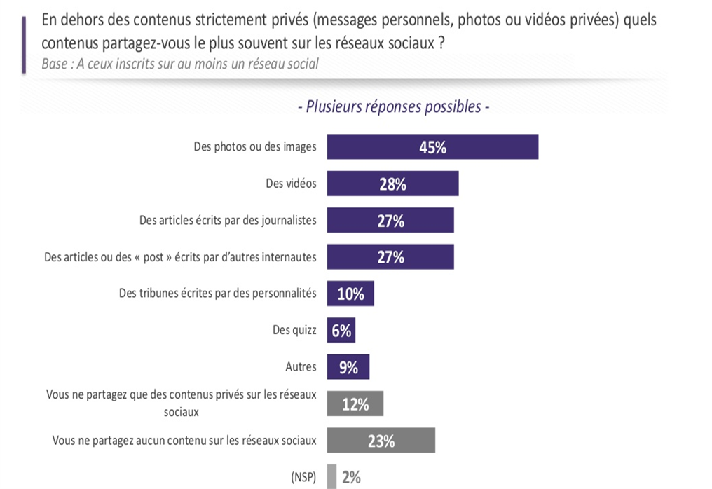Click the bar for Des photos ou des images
pyautogui.click(x=432, y=147)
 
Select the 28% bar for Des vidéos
pyautogui.click(x=392, y=184)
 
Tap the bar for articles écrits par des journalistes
pyautogui.click(x=390, y=221)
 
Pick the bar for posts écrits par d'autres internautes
pyautogui.click(x=390, y=257)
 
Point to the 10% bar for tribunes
pyautogui.click(x=350, y=294)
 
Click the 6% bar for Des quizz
pyautogui.click(x=341, y=331)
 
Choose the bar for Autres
pyautogui.click(x=348, y=367)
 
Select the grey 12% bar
pyautogui.click(x=355, y=404)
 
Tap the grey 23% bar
pyautogui.click(x=381, y=441)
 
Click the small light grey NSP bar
pyautogui.click(x=331, y=477)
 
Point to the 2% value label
pyautogui.click(x=351, y=478)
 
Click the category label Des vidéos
pyautogui.click(x=291, y=184)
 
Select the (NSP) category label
pyautogui.click(x=303, y=478)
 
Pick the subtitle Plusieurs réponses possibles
pyautogui.click(x=393, y=107)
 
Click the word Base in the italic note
pyautogui.click(x=55, y=64)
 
